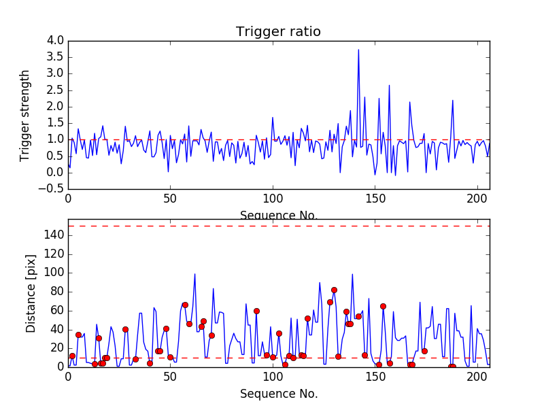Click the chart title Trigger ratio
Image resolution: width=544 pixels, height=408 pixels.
(x=278, y=32)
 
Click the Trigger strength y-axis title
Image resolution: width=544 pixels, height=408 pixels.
(x=25, y=115)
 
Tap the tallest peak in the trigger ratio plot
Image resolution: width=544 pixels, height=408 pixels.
(x=358, y=50)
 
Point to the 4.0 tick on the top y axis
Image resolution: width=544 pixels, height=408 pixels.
(x=55, y=41)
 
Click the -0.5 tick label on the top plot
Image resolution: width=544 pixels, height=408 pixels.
(x=52, y=188)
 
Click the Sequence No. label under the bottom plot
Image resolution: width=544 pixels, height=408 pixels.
(x=278, y=394)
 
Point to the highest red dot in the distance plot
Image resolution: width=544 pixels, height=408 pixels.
(x=334, y=290)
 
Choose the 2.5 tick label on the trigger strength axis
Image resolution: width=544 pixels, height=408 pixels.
(x=55, y=90)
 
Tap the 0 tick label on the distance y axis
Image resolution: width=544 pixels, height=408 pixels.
(x=60, y=367)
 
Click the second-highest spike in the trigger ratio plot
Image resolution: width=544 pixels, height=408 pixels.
(x=389, y=85)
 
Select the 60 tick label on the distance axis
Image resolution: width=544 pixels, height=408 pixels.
(x=56, y=310)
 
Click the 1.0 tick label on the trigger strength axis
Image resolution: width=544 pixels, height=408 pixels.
(x=55, y=139)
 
